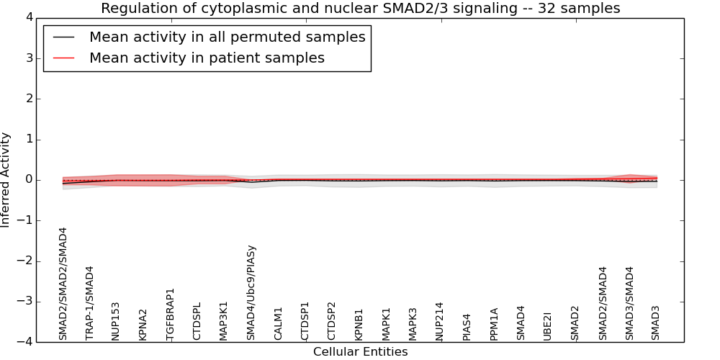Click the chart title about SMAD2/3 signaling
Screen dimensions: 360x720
coord(360,9)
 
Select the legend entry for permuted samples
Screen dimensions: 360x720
coord(227,37)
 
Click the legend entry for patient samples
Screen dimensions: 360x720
coord(207,58)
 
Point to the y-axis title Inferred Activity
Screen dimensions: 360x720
coord(6,179)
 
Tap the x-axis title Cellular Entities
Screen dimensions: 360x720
coord(360,352)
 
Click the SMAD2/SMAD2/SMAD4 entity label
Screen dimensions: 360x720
coord(63,284)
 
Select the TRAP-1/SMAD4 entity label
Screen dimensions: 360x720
coord(90,303)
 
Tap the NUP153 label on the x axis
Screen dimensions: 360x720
coord(117,320)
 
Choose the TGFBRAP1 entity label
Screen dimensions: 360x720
coord(171,314)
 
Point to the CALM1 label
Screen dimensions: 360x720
coord(279,323)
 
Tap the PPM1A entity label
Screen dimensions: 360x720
coord(494,324)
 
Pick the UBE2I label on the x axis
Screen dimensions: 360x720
coord(548,325)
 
